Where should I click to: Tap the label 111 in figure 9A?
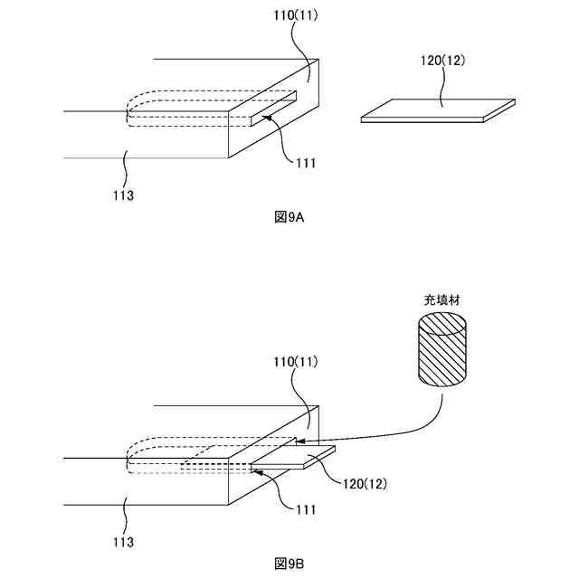click(x=306, y=163)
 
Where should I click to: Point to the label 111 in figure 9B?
click(x=306, y=510)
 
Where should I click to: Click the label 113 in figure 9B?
click(x=125, y=542)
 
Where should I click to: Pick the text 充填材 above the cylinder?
click(x=442, y=299)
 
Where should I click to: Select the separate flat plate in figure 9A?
click(x=438, y=110)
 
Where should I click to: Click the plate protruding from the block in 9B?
click(x=293, y=459)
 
